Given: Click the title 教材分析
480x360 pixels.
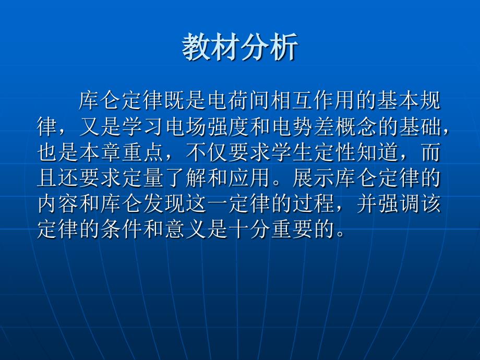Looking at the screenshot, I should (240, 49).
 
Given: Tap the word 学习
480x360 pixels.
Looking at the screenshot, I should (138, 127).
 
